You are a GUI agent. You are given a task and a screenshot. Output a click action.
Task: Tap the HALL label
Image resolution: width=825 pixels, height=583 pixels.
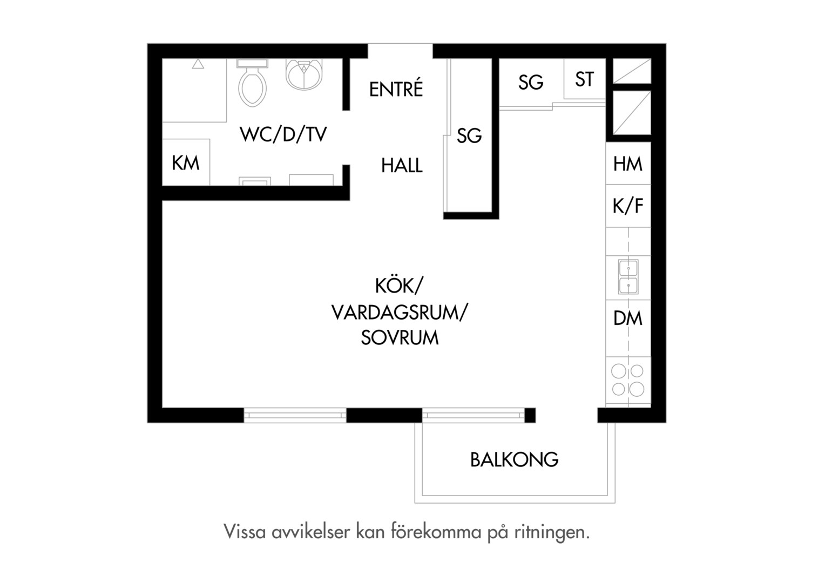click(x=402, y=165)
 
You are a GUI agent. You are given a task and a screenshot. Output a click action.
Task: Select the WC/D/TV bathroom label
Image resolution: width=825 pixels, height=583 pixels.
click(x=283, y=134)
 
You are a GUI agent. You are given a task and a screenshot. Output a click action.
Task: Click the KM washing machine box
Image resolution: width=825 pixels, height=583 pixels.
click(x=186, y=162)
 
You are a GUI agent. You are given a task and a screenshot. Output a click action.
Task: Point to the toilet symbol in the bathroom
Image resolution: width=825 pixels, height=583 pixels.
click(x=252, y=83)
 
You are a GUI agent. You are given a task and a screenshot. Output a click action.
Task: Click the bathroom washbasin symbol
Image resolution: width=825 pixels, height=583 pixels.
click(x=304, y=74)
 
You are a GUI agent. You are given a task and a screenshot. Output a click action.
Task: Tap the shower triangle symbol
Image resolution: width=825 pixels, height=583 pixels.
click(x=198, y=64)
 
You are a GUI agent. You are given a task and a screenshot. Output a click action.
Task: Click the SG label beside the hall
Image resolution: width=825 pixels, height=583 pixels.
click(x=469, y=135)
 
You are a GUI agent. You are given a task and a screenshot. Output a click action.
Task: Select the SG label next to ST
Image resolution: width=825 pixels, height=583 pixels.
click(x=531, y=82)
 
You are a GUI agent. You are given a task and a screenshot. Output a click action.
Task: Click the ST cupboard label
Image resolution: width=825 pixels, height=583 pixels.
click(x=585, y=79)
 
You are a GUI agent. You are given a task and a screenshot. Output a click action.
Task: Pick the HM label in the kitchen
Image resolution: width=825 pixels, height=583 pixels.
click(x=627, y=164)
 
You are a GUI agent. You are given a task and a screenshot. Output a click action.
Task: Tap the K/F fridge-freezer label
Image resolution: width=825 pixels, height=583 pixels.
click(x=627, y=206)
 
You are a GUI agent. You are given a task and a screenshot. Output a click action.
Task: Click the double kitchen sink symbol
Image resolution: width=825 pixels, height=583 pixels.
click(x=628, y=276)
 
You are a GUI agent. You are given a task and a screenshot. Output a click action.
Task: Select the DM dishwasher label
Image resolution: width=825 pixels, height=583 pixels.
click(x=627, y=318)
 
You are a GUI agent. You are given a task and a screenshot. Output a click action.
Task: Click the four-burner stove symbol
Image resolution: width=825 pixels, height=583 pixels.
click(x=627, y=380)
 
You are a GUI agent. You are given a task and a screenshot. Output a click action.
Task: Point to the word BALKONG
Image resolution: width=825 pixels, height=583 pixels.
click(x=514, y=459)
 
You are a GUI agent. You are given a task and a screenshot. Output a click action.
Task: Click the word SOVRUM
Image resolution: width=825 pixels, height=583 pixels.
click(x=400, y=338)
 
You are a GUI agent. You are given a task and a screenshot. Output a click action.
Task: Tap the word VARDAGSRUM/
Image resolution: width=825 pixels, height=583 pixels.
click(x=400, y=313)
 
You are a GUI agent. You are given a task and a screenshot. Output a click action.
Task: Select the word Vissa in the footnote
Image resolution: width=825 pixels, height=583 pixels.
click(x=245, y=532)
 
